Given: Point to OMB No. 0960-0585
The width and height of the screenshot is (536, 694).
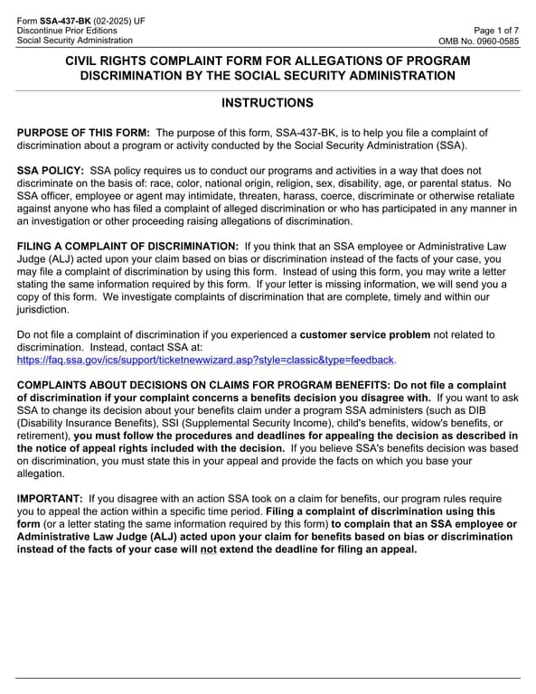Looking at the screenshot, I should (x=479, y=41).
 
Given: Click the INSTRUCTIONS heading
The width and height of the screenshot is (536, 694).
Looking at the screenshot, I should (x=268, y=103).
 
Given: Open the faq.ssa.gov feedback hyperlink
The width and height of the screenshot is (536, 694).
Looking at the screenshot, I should (x=206, y=360).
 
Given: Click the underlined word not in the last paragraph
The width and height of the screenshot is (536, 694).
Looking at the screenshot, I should (x=234, y=549).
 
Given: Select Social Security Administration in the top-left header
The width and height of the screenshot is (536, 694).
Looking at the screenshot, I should (x=75, y=41).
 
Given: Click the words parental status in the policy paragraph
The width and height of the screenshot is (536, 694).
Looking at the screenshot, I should (x=453, y=183).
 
